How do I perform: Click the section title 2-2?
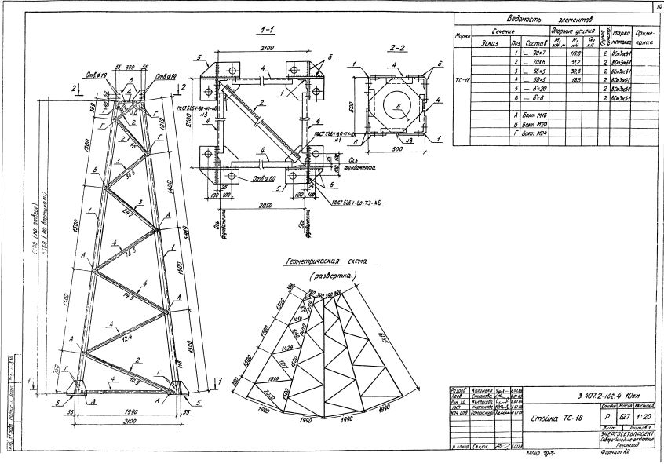[397, 48]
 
